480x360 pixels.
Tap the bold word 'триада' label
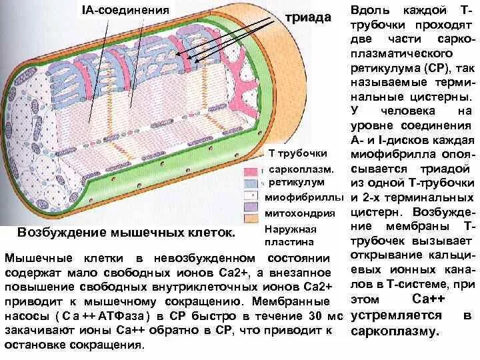[307, 17]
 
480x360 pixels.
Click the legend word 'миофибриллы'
[305, 198]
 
